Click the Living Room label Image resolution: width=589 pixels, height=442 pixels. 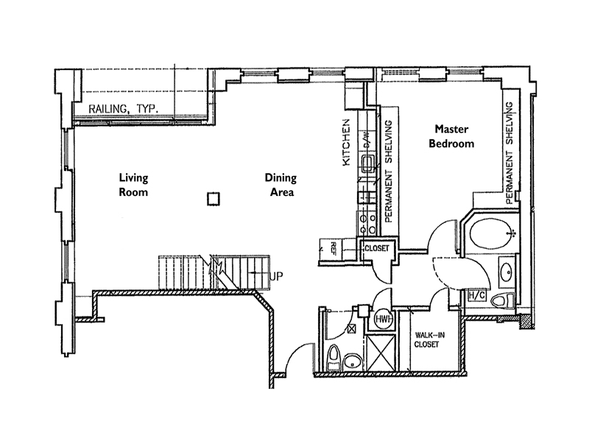coord(133,185)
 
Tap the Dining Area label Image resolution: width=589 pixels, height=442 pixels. coord(280,185)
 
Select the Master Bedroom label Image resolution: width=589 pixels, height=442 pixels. coord(452,136)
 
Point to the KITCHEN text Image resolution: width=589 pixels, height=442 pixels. coord(347,144)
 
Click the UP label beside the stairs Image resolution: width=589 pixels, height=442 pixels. coord(277,276)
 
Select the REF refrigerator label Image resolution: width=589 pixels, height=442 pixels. coord(334,248)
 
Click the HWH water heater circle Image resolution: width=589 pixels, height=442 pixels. coord(382,320)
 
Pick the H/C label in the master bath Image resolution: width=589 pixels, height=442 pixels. coord(476,296)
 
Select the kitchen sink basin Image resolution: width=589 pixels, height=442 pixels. coord(366,163)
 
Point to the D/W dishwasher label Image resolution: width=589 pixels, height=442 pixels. coord(365,144)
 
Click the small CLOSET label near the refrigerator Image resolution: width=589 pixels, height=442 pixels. coord(377,249)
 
